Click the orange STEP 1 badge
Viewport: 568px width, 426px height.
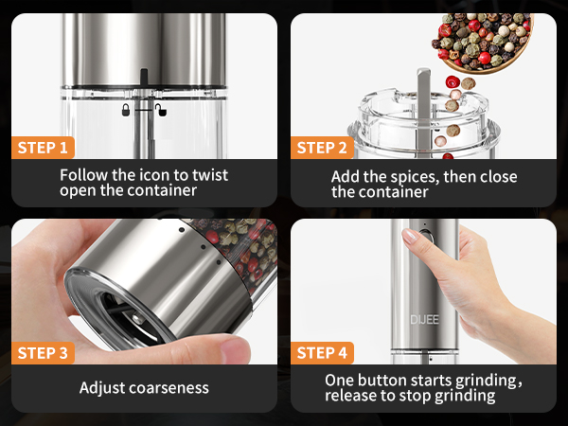tap(42, 148)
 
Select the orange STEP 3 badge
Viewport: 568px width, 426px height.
tap(42, 353)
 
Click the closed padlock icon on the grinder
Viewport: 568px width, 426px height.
tap(125, 110)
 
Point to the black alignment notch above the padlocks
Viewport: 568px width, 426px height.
tap(143, 76)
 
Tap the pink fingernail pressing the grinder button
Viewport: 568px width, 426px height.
tap(410, 236)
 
